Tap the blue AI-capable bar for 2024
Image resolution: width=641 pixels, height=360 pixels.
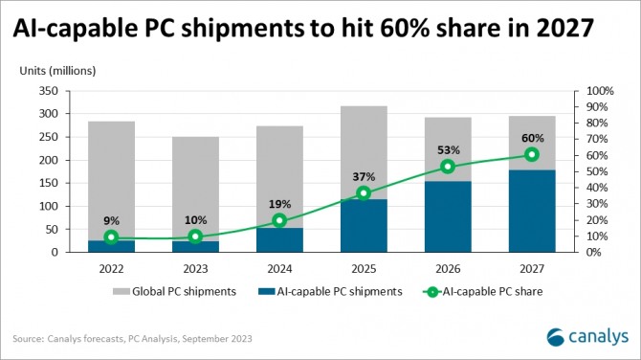coord(279,239)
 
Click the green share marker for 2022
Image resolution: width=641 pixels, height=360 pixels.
coord(111,237)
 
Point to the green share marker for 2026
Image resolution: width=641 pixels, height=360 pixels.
coord(448,167)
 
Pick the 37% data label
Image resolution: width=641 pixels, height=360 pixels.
coord(364,176)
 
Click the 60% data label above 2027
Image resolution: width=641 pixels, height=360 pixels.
coord(532,137)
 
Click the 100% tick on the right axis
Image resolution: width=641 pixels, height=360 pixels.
coord(599,91)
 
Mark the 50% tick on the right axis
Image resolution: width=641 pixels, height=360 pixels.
coord(596,171)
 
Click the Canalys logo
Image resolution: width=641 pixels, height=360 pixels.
coord(587,335)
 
